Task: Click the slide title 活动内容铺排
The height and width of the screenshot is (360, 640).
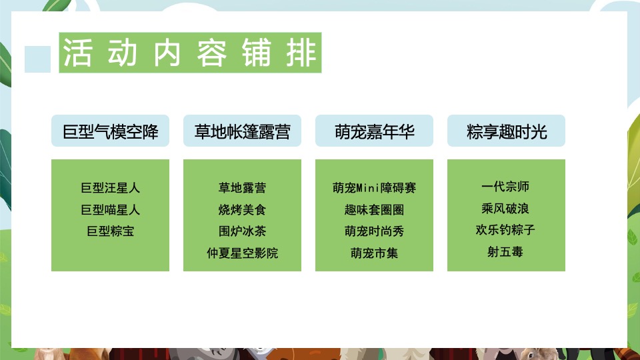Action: [190, 53]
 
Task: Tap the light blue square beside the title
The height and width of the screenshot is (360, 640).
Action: [37, 59]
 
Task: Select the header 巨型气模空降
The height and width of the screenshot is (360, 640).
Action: [110, 131]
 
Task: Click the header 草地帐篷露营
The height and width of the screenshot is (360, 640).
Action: [242, 131]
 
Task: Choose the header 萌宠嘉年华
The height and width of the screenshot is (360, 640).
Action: [374, 131]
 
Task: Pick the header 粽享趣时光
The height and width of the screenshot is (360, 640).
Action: [506, 131]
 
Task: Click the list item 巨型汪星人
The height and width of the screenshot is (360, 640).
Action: [110, 188]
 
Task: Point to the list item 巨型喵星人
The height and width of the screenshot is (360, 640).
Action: [110, 210]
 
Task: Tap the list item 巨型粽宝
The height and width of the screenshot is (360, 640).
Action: [110, 231]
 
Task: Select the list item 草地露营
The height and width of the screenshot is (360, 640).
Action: [242, 188]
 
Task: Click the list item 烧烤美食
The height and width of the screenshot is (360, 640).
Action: [242, 210]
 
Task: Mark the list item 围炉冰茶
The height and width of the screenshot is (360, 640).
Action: [242, 231]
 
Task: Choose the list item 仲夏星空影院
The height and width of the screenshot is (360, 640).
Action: [242, 253]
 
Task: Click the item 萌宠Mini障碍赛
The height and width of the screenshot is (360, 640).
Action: [374, 188]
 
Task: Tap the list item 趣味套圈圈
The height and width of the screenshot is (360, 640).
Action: [374, 210]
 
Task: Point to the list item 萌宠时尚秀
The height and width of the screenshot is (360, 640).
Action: [374, 231]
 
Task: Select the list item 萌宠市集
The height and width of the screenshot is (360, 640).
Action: [374, 253]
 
